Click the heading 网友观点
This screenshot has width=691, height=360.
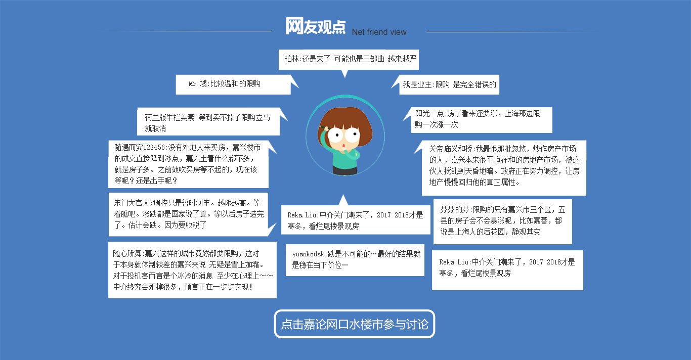pos(315,26)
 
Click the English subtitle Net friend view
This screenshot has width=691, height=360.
pos(379,32)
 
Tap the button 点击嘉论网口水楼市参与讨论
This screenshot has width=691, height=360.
pos(355,324)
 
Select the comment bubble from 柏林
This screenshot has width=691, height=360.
pos(349,60)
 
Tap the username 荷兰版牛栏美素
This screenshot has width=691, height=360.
pos(169,117)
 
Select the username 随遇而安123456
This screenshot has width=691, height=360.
pos(140,147)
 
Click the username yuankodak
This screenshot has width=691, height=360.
pos(308,254)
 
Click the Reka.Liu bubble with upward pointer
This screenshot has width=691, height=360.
pos(356,220)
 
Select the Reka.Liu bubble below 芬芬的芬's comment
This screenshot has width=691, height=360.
pos(507,270)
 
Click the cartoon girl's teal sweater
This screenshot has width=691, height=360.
pos(344,157)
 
